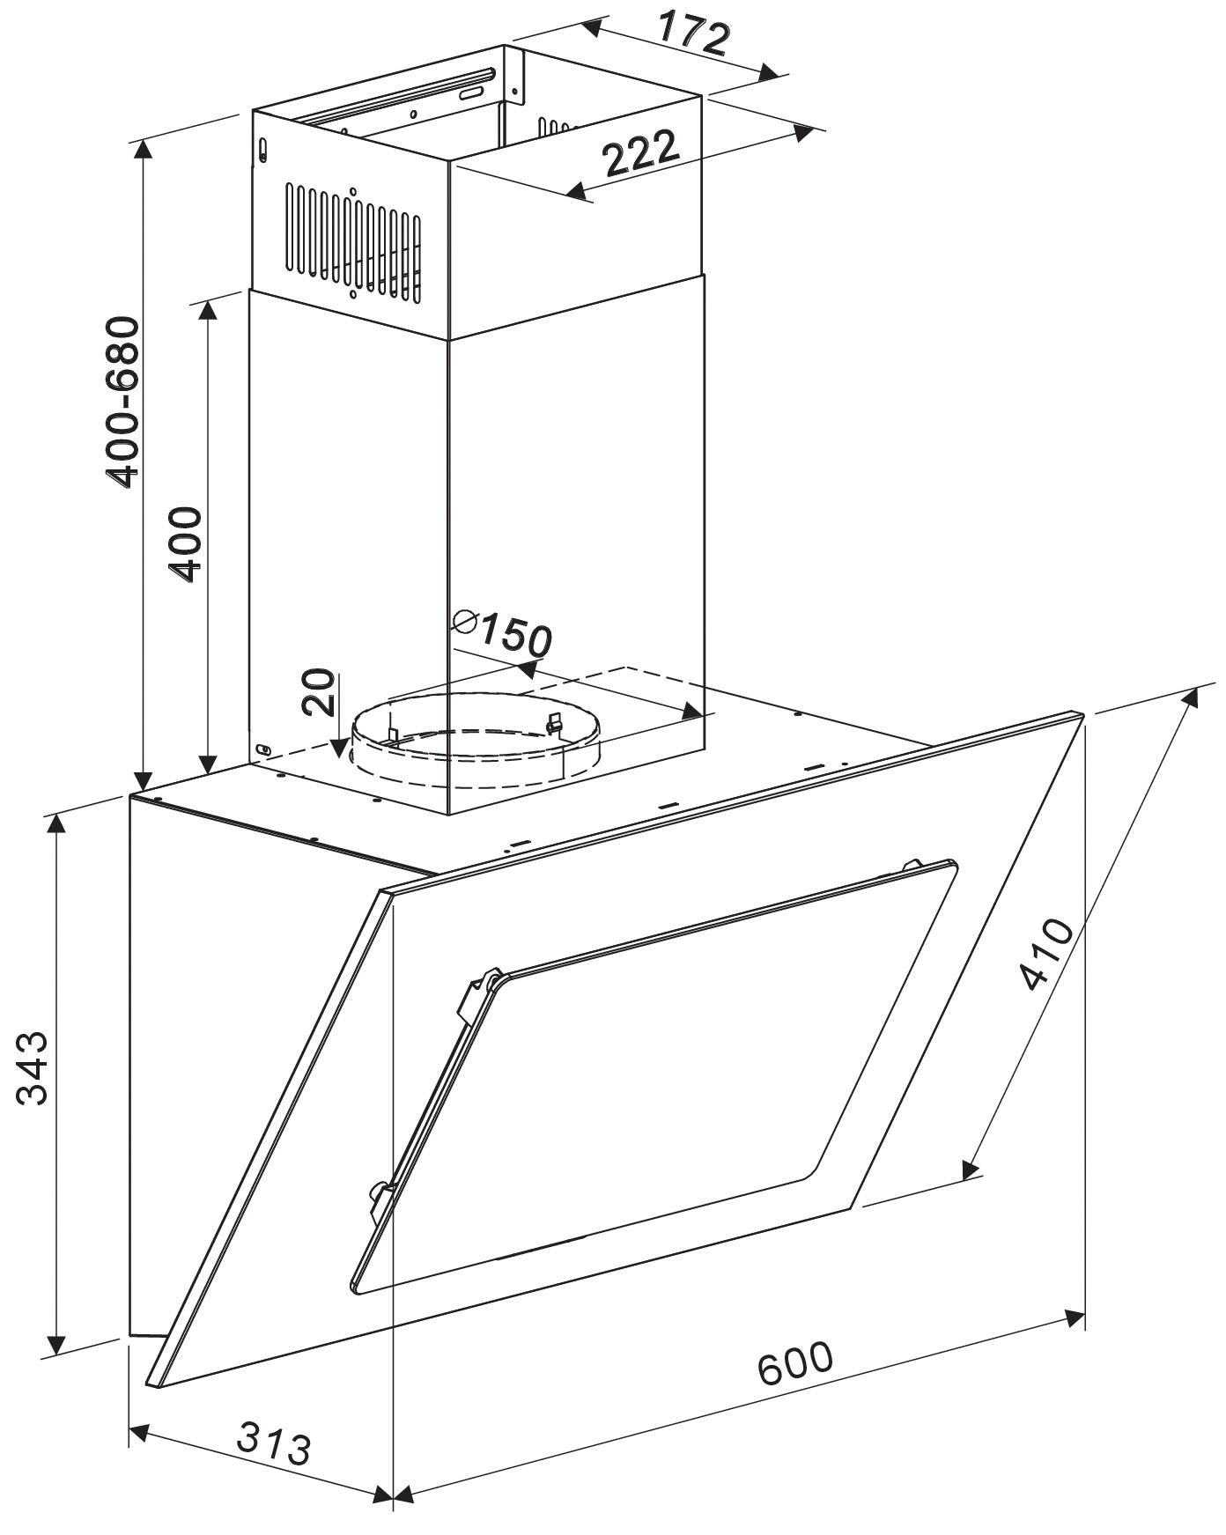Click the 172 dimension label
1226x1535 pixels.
click(694, 33)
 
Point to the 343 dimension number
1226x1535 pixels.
click(34, 1066)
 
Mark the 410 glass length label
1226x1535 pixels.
click(1045, 954)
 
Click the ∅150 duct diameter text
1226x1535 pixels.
click(502, 631)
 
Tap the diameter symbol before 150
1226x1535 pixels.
click(464, 622)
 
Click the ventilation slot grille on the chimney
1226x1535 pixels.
click(352, 240)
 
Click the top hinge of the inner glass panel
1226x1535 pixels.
click(912, 866)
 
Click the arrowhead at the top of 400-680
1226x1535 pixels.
click(142, 148)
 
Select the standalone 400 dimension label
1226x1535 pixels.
click(186, 544)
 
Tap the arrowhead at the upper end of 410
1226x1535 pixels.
click(1190, 697)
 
